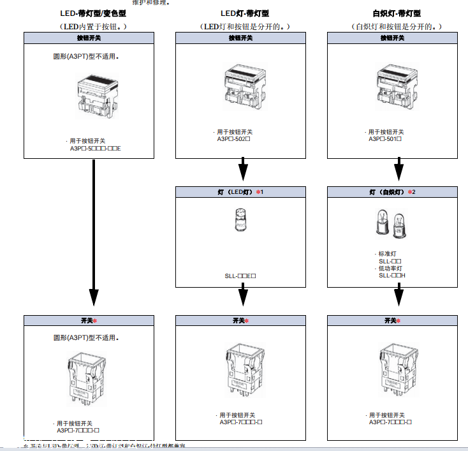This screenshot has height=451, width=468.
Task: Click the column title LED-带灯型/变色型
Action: pyautogui.click(x=93, y=13)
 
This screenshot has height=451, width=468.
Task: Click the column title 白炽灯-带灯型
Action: pyautogui.click(x=397, y=13)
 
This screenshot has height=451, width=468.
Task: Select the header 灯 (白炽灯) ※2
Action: pyautogui.click(x=392, y=191)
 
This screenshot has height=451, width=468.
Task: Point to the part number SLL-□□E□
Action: pyautogui.click(x=240, y=276)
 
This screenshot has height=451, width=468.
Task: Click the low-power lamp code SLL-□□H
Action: pyautogui.click(x=392, y=275)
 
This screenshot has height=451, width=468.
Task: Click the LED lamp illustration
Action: pyautogui.click(x=241, y=221)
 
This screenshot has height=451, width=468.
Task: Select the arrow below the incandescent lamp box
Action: pyautogui.click(x=399, y=295)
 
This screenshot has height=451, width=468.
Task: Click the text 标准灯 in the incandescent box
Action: pyautogui.click(x=388, y=254)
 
